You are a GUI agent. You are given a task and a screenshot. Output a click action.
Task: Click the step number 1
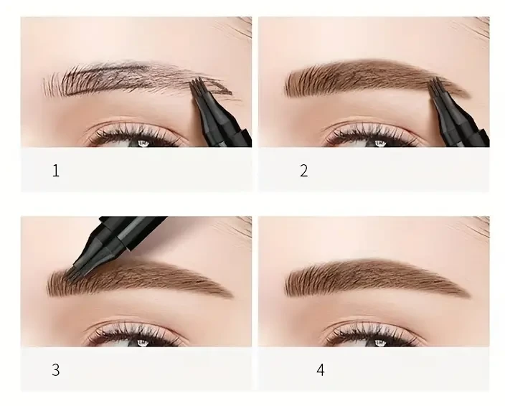(55, 171)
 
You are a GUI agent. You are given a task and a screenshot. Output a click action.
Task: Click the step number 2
(303, 171)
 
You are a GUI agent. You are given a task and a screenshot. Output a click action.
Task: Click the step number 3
(55, 370)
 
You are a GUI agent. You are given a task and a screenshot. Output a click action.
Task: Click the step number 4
(321, 370)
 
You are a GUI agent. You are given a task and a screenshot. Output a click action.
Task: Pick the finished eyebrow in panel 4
(373, 278)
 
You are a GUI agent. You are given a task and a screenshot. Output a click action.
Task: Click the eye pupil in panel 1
(142, 142)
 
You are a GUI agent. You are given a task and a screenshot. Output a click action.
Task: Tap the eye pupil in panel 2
(379, 142)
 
